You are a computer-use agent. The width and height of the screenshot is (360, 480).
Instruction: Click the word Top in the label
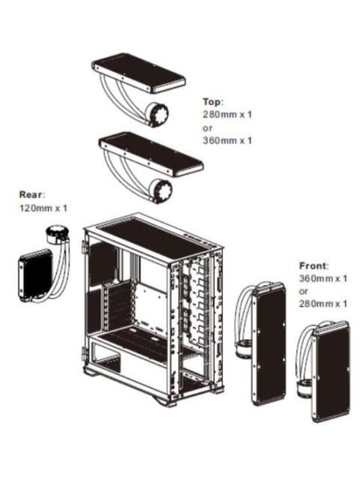(213, 100)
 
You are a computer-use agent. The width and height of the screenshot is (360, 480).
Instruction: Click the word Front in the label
(314, 265)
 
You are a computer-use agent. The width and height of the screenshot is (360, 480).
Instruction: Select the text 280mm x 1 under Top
(227, 114)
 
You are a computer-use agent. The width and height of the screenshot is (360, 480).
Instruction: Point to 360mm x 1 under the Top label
(227, 140)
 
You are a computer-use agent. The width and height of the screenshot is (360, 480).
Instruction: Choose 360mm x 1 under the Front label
(323, 278)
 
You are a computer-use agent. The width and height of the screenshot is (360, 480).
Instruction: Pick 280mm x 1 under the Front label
(323, 304)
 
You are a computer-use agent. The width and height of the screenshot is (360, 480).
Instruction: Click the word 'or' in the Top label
(208, 127)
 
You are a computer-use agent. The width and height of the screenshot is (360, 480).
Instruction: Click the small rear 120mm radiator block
(34, 276)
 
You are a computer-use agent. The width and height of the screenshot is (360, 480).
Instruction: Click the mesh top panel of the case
(154, 235)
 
